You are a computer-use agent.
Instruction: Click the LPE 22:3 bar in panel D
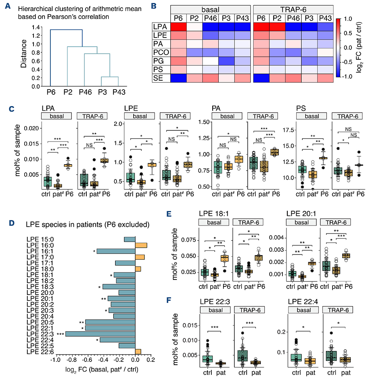point(100,334)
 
